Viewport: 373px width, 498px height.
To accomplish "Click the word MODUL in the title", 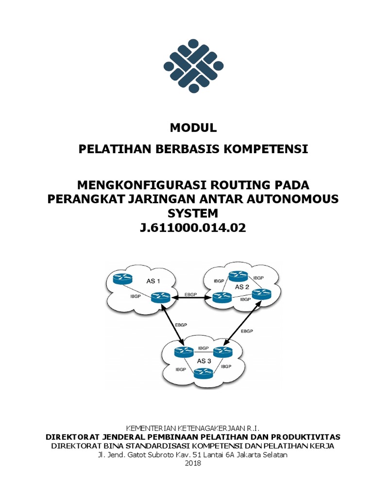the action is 193,128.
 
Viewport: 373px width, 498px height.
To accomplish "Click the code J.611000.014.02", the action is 193,228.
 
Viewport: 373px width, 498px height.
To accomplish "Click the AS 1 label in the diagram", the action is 153,281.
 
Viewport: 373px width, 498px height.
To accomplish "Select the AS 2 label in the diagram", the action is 242,287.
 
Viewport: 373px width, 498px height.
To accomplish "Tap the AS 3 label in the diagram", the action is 204,361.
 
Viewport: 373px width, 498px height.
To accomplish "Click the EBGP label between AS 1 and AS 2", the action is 191,294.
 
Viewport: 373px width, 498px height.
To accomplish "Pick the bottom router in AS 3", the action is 204,373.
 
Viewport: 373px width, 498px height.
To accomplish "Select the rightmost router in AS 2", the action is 260,293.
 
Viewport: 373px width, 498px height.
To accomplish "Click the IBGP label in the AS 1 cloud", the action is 136,296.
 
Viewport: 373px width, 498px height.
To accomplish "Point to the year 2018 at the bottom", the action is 193,463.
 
